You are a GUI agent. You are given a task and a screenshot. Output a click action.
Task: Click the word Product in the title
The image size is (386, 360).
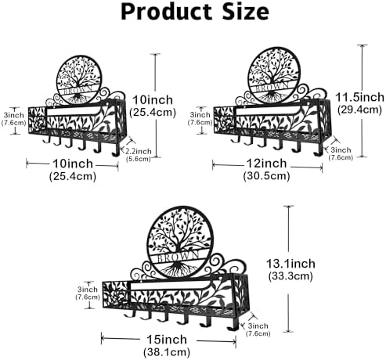click(166, 13)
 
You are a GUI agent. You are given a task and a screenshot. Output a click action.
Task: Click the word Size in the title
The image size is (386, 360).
click(245, 12)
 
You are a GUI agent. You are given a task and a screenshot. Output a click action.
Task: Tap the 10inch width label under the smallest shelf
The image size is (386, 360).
click(73, 164)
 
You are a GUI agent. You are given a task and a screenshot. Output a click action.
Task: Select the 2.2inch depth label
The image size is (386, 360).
click(139, 151)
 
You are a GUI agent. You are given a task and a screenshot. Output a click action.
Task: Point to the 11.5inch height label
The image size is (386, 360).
click(359, 97)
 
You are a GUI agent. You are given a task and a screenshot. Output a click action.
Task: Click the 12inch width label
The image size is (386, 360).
click(266, 164)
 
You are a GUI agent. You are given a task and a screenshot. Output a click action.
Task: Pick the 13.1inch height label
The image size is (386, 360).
click(290, 264)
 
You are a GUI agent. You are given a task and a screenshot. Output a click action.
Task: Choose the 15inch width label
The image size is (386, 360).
click(167, 340)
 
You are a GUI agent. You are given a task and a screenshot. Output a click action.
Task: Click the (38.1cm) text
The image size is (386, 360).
click(167, 352)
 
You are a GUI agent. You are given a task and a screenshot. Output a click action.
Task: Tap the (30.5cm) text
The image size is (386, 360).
click(266, 176)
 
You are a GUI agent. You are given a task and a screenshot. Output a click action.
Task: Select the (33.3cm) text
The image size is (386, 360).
click(290, 276)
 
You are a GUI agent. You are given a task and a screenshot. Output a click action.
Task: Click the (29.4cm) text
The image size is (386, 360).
click(359, 110)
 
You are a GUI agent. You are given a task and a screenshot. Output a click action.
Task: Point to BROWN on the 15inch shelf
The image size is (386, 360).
click(179, 257)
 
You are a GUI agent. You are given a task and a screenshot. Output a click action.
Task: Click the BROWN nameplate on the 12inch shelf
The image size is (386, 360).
click(272, 88)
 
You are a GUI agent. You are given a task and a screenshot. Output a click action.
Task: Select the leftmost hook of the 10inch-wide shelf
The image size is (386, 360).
click(47, 139)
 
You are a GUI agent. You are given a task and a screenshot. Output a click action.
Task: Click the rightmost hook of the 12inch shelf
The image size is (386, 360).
click(318, 150)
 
